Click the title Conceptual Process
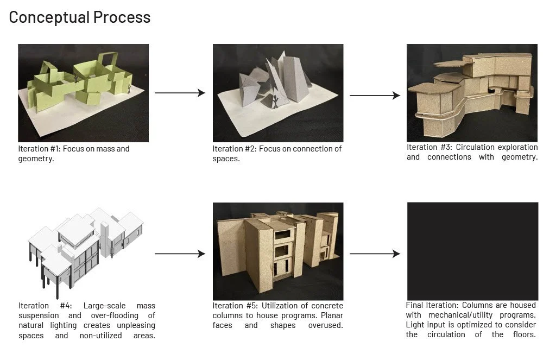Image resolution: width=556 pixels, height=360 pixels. click(x=79, y=17)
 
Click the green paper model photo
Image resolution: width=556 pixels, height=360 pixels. click(x=83, y=93)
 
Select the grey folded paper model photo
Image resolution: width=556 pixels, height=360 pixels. click(x=277, y=93)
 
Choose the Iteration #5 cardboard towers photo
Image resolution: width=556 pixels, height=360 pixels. click(x=277, y=251)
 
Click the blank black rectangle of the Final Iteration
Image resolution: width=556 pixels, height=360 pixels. click(x=472, y=251)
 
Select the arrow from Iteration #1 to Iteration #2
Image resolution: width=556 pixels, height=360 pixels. click(x=180, y=93)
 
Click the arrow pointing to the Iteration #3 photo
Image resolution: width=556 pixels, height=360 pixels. click(x=375, y=96)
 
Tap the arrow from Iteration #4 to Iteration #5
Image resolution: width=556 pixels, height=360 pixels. click(x=180, y=254)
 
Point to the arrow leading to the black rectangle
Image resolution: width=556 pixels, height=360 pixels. click(x=375, y=254)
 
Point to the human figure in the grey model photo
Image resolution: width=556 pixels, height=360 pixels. click(x=276, y=101)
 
